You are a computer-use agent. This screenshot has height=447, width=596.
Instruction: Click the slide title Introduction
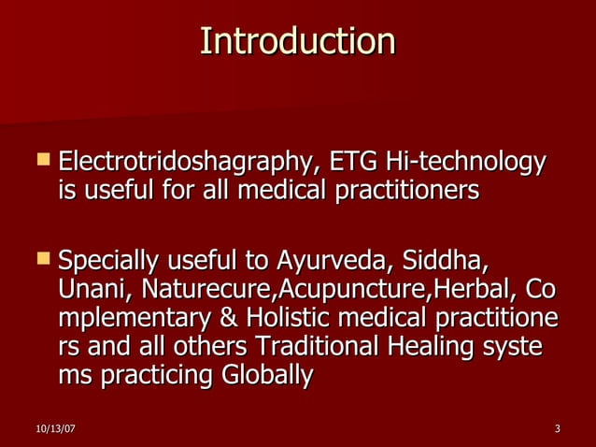point(298,41)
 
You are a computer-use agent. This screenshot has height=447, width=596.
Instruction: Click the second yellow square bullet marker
point(42,256)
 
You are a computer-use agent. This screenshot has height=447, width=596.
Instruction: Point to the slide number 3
point(557,429)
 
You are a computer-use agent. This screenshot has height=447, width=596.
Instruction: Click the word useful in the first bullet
point(115,191)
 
